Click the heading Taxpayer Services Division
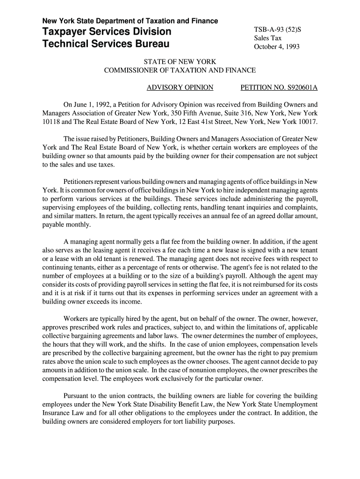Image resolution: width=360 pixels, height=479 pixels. pyautogui.click(x=107, y=32)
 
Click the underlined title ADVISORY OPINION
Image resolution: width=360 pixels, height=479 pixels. pyautogui.click(x=180, y=87)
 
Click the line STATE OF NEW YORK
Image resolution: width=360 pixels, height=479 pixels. pyautogui.click(x=180, y=62)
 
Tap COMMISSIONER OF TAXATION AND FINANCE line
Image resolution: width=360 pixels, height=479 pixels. pyautogui.click(x=180, y=70)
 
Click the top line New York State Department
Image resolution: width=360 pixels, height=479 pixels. pyautogui.click(x=130, y=21)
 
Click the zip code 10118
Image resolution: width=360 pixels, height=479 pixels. pyautogui.click(x=51, y=122)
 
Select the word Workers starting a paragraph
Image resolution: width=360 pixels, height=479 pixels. pyautogui.click(x=76, y=319)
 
